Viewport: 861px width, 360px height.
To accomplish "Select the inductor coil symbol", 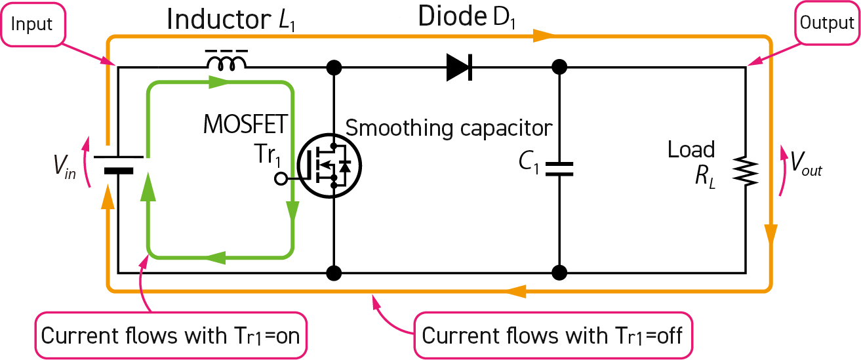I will [227, 62].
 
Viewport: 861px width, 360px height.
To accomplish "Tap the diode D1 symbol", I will [460, 66].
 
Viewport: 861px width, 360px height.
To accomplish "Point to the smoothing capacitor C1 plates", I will [559, 169].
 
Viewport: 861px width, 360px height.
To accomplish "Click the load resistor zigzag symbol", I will [747, 171].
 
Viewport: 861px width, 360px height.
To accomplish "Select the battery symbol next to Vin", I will [118, 164].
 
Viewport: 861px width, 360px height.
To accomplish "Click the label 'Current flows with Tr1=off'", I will [552, 335].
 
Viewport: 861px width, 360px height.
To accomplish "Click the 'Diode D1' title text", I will [468, 19].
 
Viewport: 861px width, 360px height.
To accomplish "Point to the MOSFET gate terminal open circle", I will [280, 178].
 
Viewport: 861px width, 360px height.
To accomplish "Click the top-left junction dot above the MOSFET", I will [334, 67].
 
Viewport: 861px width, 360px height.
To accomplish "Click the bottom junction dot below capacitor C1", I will [559, 272].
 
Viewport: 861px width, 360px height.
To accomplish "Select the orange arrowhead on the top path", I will [542, 35].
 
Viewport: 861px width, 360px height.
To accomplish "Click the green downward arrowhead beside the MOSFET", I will [292, 212].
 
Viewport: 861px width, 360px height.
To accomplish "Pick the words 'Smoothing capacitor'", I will [449, 127].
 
